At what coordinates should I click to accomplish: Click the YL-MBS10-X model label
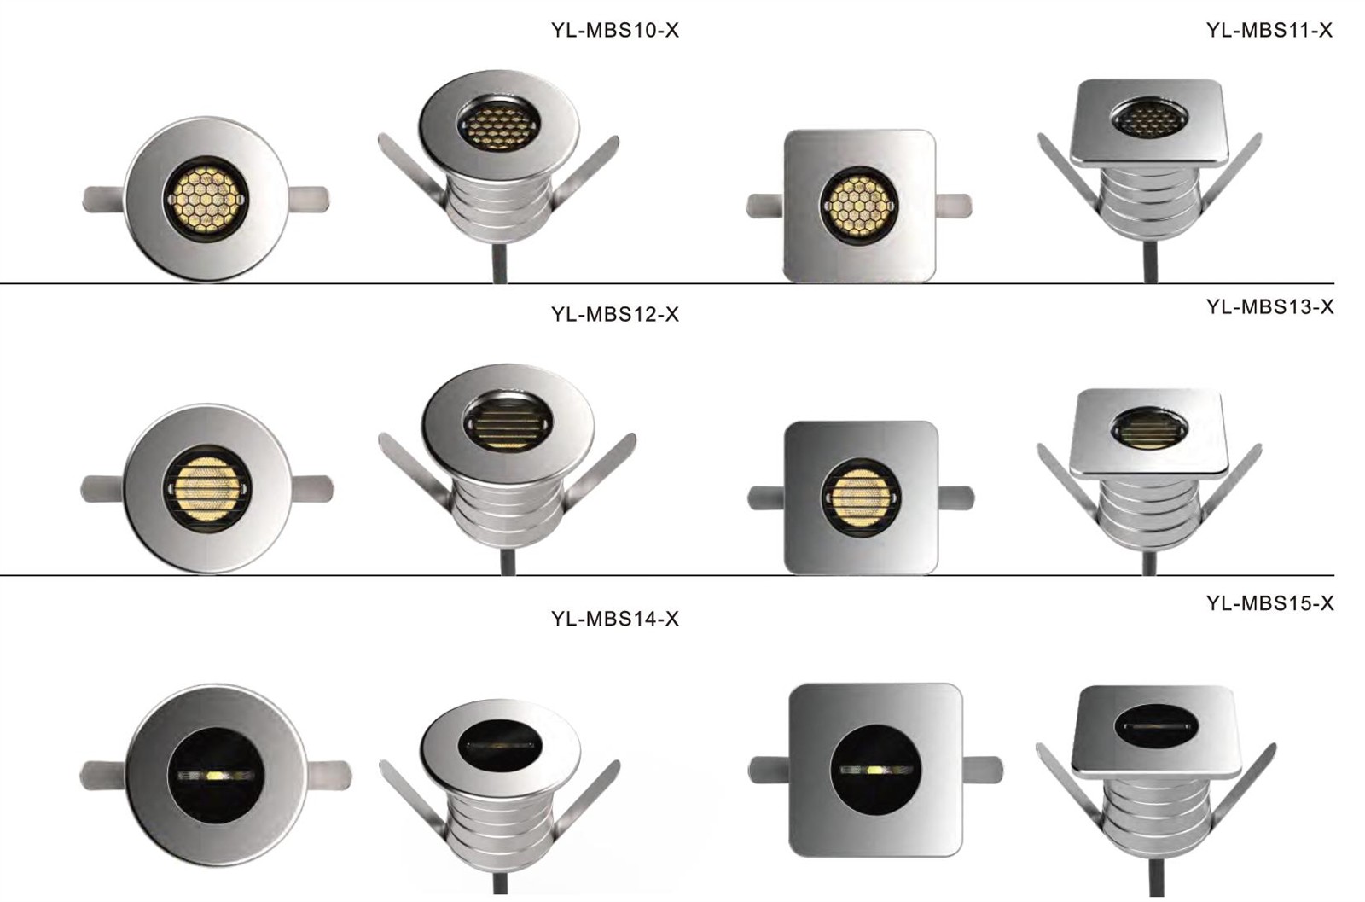click(x=614, y=31)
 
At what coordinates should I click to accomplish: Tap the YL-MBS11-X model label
click(x=1269, y=31)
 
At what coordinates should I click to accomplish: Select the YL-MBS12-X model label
click(x=614, y=314)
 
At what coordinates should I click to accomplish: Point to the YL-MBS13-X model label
click(x=1269, y=307)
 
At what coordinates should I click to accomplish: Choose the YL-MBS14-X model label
click(x=614, y=619)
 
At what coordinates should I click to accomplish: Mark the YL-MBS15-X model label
click(x=1269, y=603)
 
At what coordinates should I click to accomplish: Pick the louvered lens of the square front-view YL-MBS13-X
click(x=860, y=498)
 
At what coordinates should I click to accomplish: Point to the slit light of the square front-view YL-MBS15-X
click(x=875, y=770)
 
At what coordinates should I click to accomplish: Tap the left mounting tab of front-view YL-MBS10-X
click(x=102, y=200)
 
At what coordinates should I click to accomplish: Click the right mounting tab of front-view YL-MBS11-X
click(x=954, y=206)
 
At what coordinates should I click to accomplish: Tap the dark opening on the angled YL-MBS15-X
click(x=1155, y=725)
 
